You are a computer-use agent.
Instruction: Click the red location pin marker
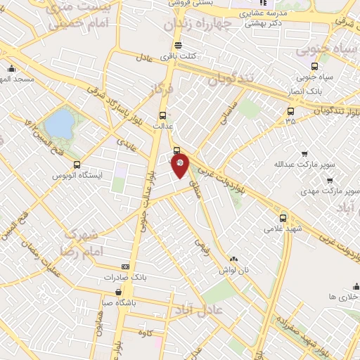pos(180,165)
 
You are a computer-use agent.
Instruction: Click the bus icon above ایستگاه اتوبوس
pos(77,164)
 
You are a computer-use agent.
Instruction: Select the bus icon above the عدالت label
pos(163,116)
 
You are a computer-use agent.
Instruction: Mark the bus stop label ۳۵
pos(290,121)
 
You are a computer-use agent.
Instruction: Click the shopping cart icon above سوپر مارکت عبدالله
pos(304,153)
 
